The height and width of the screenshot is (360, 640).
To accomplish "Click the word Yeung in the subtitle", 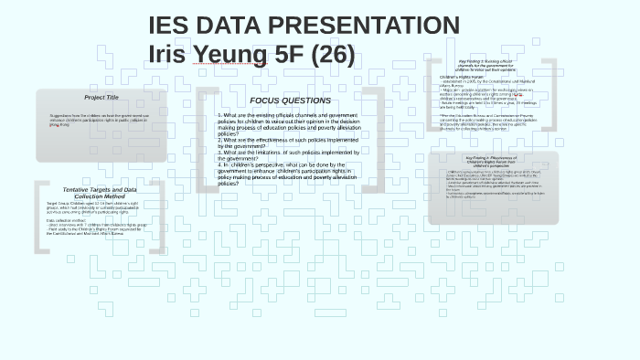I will [227, 54].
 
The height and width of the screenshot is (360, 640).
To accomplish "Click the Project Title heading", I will [101, 97].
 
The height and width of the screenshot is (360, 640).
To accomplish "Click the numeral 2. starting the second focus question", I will [220, 139].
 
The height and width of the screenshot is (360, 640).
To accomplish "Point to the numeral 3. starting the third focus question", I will [220, 151].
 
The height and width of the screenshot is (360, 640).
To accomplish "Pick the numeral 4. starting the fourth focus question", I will [220, 164].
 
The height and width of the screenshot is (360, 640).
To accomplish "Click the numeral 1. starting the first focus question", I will [220, 115].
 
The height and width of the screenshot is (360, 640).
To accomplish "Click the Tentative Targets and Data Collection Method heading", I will [101, 192].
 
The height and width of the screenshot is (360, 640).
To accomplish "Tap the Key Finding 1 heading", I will [493, 64].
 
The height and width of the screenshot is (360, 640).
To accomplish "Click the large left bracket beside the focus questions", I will [207, 143].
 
